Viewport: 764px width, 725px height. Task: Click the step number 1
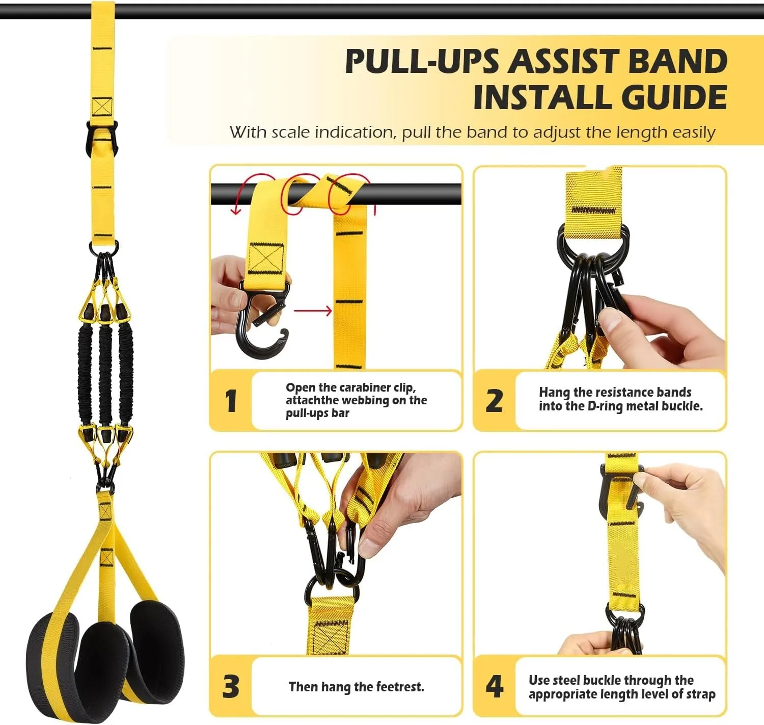click(x=231, y=401)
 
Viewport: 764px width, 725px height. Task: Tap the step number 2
click(x=494, y=401)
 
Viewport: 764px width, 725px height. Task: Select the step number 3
click(x=231, y=686)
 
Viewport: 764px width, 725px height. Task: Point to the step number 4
click(x=494, y=686)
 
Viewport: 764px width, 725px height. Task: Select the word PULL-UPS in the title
click(x=422, y=62)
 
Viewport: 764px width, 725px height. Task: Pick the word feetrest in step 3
click(x=399, y=687)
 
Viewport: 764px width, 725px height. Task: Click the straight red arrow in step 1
click(x=313, y=310)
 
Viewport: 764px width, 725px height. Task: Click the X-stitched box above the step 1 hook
click(x=265, y=258)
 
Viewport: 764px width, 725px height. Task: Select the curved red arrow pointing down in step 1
click(x=239, y=196)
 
